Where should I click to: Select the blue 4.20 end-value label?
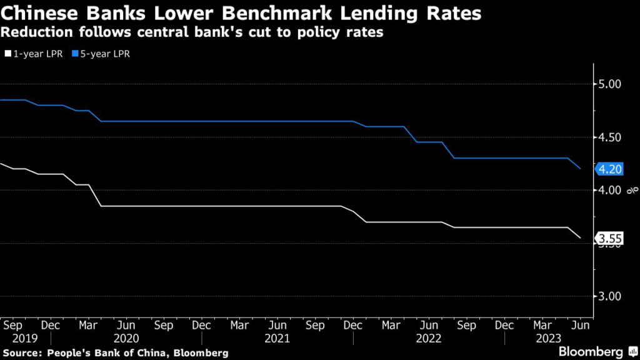point(610,169)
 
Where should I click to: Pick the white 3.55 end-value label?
point(610,238)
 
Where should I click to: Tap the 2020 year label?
point(126,338)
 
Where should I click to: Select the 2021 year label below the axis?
point(277,338)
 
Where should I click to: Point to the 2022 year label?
point(429,338)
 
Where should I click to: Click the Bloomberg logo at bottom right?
point(591,351)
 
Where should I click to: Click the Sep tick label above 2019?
point(12,326)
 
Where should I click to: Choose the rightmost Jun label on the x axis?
point(580,326)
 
